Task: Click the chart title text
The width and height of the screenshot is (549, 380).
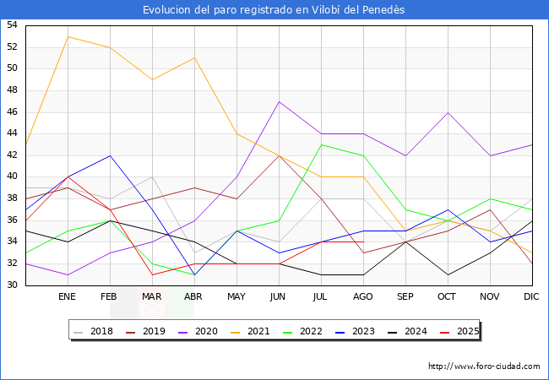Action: (x=274, y=9)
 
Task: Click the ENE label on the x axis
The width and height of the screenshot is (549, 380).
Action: (x=68, y=297)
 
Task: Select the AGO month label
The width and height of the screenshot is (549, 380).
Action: (x=363, y=297)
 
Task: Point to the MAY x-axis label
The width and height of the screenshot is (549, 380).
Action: (x=236, y=297)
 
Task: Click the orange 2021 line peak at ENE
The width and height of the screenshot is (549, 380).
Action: (x=68, y=36)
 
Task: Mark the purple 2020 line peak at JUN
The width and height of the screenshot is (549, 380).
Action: (x=279, y=101)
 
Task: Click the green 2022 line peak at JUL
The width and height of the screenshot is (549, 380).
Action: (x=321, y=144)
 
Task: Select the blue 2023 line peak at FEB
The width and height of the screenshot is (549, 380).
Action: (x=110, y=155)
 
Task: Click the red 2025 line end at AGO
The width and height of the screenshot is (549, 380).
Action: (x=363, y=242)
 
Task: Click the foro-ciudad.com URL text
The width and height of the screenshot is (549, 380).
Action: (x=484, y=366)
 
